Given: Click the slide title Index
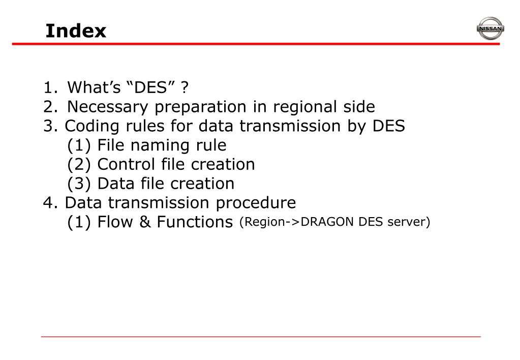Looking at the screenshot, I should [x=76, y=31].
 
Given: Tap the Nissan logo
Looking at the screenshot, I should [x=490, y=29].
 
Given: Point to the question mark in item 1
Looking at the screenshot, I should [x=185, y=88].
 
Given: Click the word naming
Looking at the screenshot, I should [x=152, y=145].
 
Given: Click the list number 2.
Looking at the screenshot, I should [x=49, y=107].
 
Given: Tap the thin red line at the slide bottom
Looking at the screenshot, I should [x=260, y=337].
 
